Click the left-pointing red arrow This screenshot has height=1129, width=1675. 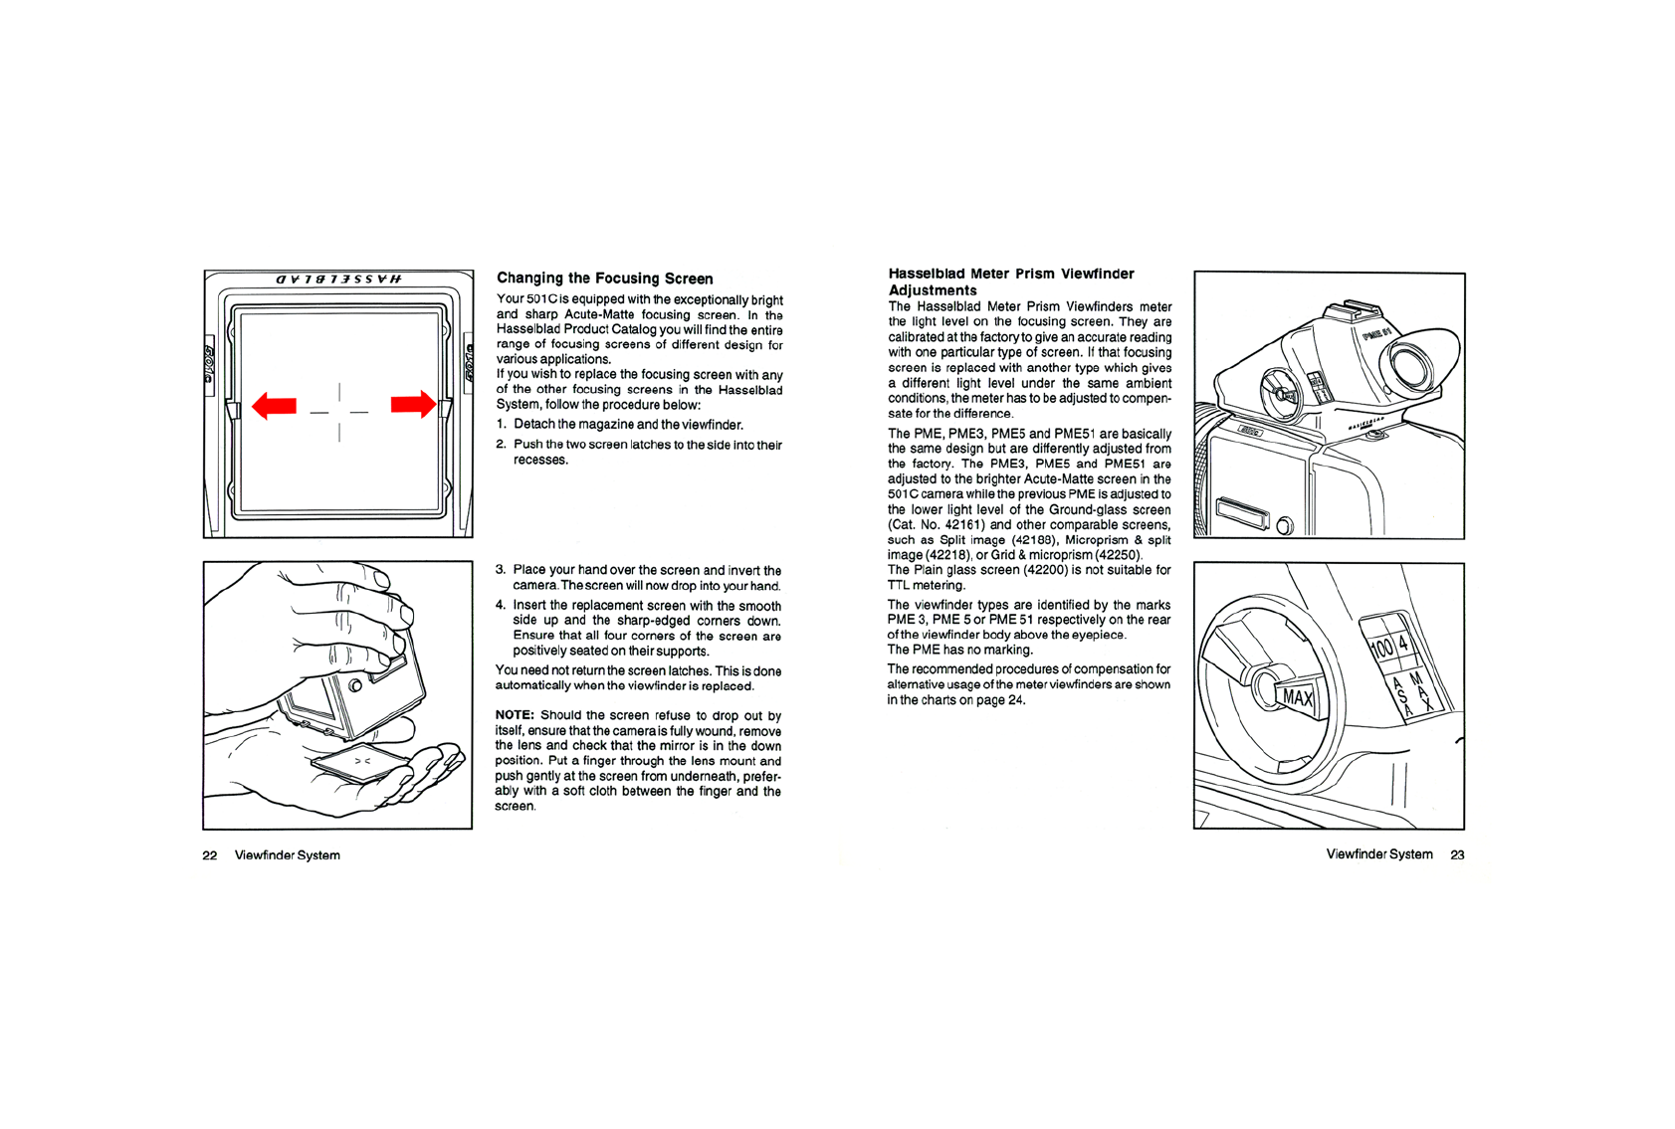(x=274, y=405)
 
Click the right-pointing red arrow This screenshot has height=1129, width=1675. (x=413, y=404)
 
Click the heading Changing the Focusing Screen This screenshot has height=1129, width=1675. (x=604, y=279)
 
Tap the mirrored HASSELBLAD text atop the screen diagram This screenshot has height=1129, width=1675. (x=338, y=280)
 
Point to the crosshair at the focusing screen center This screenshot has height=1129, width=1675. (x=339, y=411)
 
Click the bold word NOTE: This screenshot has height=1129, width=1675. (x=515, y=715)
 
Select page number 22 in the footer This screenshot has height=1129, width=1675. (x=210, y=855)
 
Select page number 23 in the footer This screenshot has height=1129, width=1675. (x=1457, y=854)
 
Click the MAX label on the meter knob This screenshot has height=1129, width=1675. (x=1297, y=697)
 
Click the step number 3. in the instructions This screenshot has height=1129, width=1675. (x=501, y=570)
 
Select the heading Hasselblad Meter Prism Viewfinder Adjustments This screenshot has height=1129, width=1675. (x=1010, y=282)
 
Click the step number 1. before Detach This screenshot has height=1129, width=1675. (x=502, y=425)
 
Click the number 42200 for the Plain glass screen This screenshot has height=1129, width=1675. (x=1046, y=570)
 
